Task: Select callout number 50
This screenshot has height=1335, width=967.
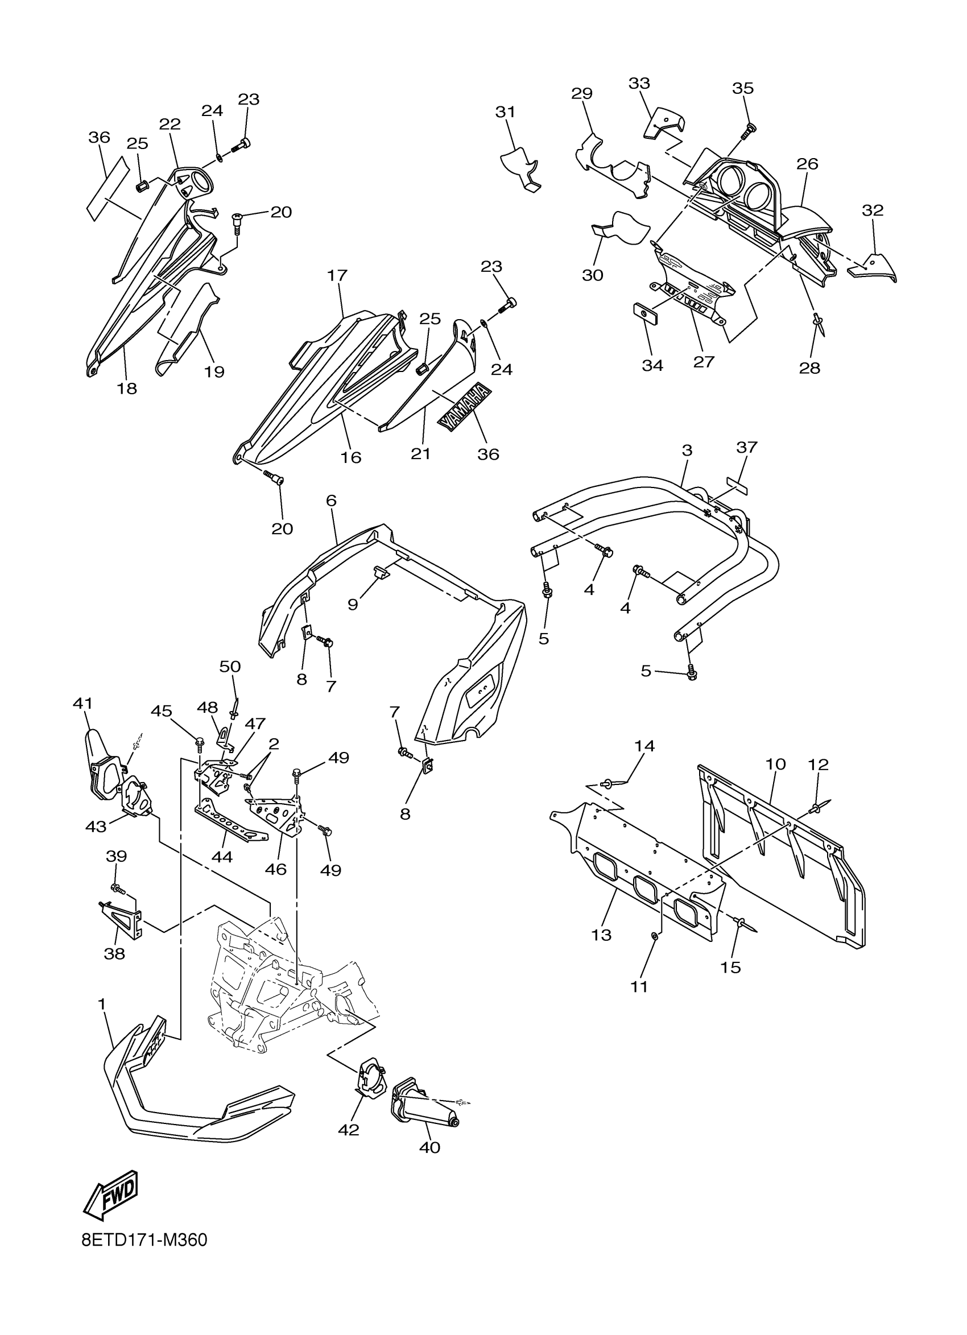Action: coord(230,666)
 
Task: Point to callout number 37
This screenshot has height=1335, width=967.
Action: coord(746,447)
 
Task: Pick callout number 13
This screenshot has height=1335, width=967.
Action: coord(601,935)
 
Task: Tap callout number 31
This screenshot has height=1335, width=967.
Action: coord(505,112)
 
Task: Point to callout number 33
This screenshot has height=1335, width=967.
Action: coord(639,83)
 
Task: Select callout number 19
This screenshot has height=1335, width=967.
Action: coord(215,371)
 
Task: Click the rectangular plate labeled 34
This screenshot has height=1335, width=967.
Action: coord(645,314)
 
